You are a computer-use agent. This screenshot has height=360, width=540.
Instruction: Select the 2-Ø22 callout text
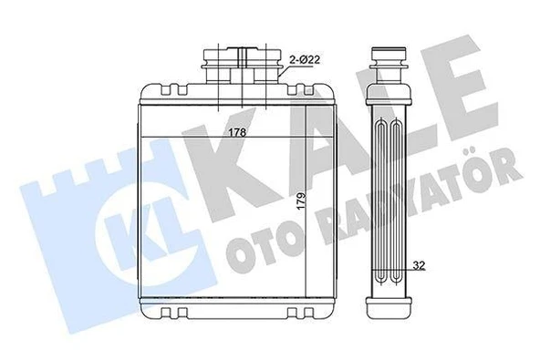click(x=305, y=61)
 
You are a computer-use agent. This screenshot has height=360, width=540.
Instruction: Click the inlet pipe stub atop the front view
click(x=242, y=66)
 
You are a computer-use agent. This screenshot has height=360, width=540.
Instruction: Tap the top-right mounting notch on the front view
click(x=298, y=89)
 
